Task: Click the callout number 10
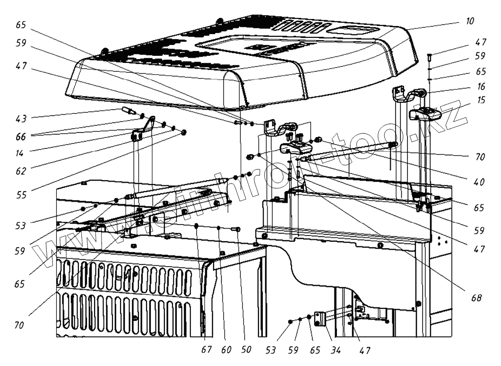(x=469, y=22)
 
